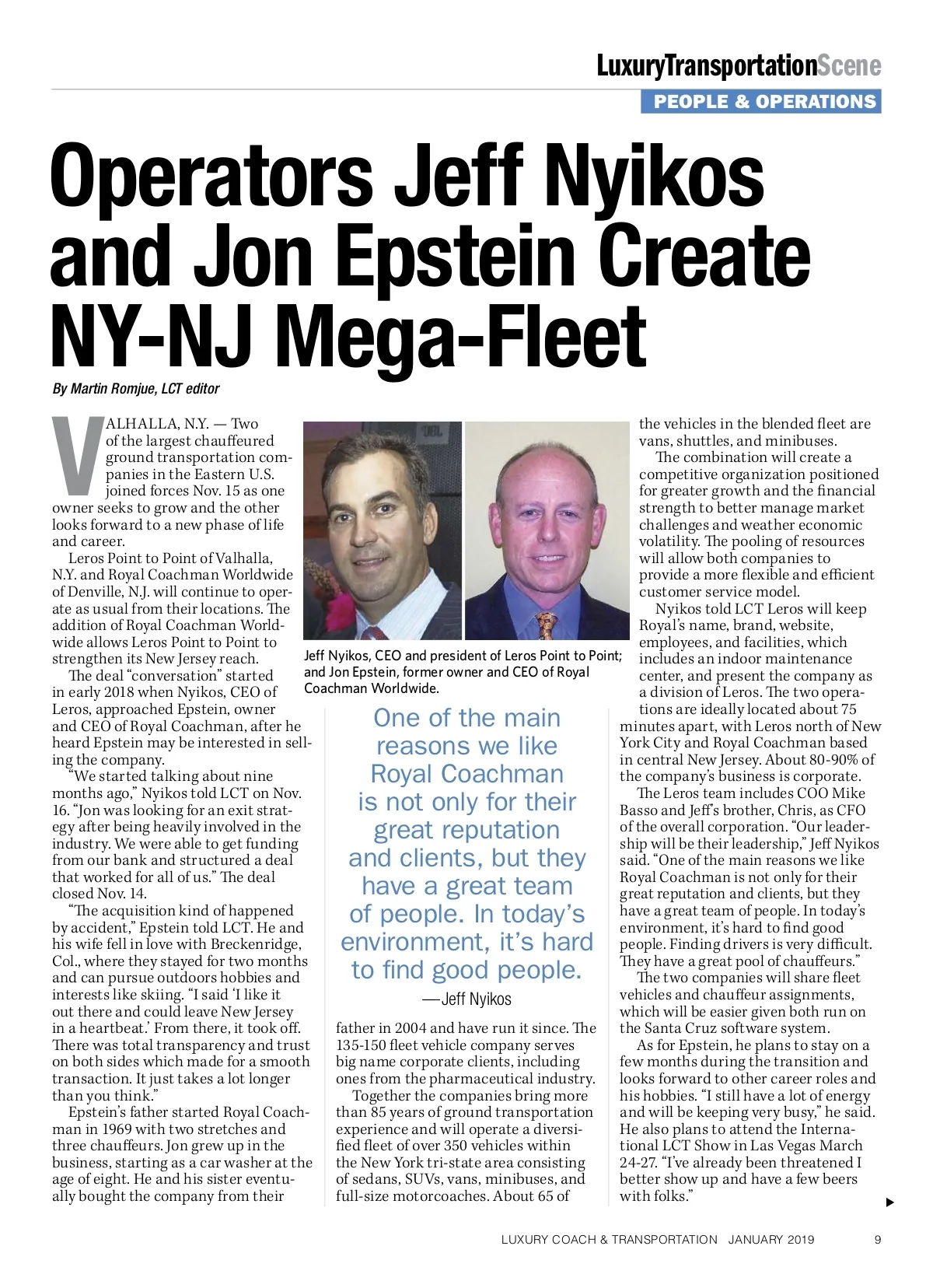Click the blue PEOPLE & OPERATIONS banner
(760, 102)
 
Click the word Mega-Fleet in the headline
(461, 336)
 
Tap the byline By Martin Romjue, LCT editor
(136, 388)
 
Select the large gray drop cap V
(77, 457)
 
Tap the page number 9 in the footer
(878, 1240)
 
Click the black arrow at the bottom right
(890, 1202)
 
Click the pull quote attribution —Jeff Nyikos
(466, 999)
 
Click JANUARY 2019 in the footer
(771, 1240)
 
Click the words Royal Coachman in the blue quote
(466, 774)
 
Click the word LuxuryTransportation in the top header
(707, 66)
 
